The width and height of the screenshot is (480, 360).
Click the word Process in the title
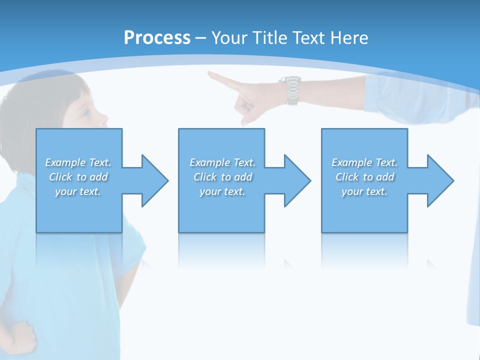(157, 38)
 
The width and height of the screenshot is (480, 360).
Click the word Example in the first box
(65, 162)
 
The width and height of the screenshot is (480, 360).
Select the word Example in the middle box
(209, 162)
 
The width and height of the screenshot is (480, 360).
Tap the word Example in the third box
(351, 162)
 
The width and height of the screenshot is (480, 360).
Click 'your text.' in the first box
(78, 191)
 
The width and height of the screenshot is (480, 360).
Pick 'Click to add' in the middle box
(222, 177)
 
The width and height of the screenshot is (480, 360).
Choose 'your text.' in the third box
(364, 191)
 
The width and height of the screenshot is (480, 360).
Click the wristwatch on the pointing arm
(291, 90)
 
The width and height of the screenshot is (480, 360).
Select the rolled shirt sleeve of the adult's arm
(395, 95)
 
